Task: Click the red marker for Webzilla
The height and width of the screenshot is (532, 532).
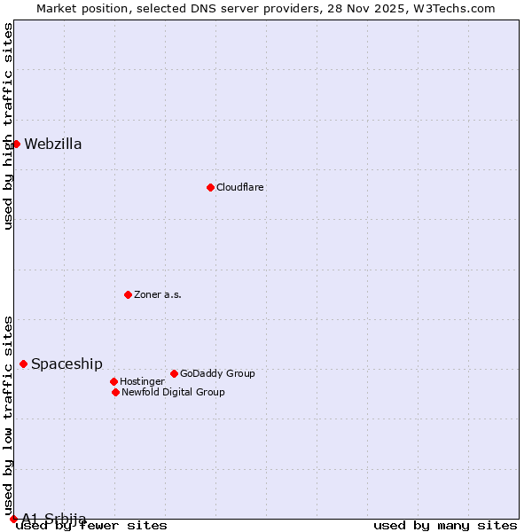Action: click(16, 144)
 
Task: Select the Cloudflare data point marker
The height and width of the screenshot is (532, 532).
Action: click(210, 187)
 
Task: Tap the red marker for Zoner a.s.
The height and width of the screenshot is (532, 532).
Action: click(128, 294)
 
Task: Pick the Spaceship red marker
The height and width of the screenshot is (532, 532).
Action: click(23, 364)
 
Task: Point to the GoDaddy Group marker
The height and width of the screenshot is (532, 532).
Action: click(174, 373)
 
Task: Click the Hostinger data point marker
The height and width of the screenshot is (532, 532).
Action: click(113, 381)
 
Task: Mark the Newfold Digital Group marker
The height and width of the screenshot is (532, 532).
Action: click(115, 392)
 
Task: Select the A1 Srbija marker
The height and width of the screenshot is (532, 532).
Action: click(13, 519)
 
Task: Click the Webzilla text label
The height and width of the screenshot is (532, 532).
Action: click(53, 145)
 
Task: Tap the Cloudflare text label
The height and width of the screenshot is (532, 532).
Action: click(240, 187)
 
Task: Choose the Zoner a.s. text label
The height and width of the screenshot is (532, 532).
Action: click(158, 294)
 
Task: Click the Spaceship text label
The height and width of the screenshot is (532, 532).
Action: click(66, 364)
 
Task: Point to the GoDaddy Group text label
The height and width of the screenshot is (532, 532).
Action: click(217, 373)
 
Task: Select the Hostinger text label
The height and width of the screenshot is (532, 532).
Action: click(142, 381)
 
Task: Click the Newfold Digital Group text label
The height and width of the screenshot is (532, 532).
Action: click(173, 392)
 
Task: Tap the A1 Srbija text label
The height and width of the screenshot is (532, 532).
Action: click(54, 519)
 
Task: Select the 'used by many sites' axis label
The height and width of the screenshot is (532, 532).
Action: click(445, 526)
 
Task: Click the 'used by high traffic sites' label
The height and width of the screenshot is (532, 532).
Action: click(8, 126)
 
